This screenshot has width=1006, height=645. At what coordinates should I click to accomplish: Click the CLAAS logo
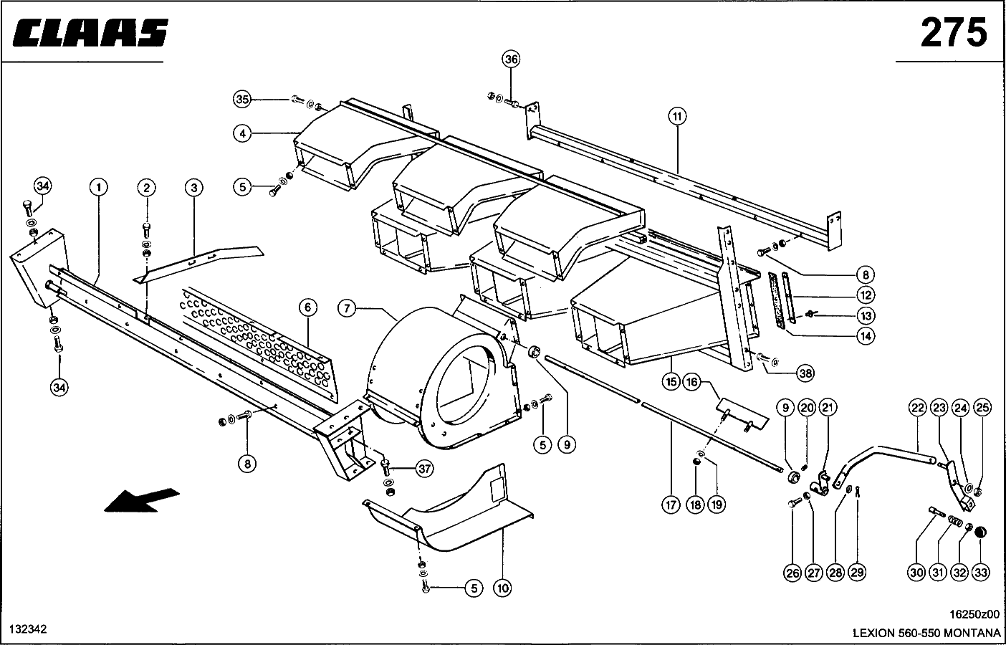point(90,32)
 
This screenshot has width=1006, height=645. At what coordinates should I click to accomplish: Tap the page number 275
point(954,32)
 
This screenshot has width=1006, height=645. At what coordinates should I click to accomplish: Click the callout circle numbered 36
point(511,59)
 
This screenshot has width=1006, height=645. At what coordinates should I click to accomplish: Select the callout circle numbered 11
point(677,117)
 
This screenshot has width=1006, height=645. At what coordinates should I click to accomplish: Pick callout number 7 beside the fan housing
point(347,309)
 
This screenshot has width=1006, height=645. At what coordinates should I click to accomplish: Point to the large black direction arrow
point(141,500)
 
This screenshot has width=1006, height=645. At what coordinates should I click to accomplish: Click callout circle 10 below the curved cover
point(502,588)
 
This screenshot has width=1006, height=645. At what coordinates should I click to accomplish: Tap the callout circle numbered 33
point(980,573)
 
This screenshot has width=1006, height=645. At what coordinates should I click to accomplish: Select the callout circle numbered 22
point(918,408)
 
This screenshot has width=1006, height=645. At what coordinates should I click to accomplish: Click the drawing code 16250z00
point(974,614)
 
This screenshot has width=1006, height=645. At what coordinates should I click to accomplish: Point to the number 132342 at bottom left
point(28,629)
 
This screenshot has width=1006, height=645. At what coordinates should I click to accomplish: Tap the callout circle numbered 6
point(307,307)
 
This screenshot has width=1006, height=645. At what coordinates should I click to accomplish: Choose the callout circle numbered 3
point(194,188)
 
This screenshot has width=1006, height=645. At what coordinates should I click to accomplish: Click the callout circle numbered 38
point(805,373)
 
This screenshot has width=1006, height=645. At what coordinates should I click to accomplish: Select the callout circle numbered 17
point(671,505)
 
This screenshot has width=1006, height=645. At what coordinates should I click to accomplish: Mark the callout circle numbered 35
point(242,100)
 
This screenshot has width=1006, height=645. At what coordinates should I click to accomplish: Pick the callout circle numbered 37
point(424,469)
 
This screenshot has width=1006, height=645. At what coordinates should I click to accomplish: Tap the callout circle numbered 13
point(866,316)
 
